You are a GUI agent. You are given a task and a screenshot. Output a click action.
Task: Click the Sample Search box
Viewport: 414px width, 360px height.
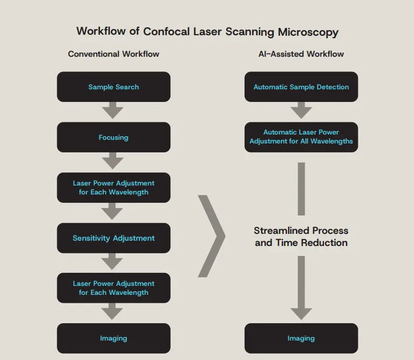[x=114, y=87]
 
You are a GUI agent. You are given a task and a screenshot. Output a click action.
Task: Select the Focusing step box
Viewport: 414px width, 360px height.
[x=114, y=137]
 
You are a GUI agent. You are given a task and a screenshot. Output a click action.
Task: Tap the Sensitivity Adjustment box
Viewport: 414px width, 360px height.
[x=114, y=238]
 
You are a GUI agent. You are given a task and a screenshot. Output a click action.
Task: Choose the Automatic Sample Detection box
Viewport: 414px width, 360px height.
[x=301, y=87]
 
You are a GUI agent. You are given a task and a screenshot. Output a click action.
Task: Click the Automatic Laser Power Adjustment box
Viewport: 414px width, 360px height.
[x=301, y=137]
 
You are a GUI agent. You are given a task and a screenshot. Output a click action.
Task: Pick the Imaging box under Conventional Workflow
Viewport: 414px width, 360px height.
[x=114, y=338]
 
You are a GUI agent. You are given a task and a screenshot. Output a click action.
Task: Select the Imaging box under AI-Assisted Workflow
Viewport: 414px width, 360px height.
[x=301, y=338]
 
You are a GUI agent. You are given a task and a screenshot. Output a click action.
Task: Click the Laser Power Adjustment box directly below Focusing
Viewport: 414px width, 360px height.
[x=114, y=188]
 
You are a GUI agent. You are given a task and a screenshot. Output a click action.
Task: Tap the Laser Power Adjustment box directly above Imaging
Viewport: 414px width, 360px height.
[x=114, y=288]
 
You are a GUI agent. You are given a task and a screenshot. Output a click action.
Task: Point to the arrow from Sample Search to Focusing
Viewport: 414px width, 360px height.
[x=113, y=111]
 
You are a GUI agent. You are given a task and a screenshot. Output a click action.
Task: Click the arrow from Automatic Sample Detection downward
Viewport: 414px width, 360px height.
[x=301, y=111]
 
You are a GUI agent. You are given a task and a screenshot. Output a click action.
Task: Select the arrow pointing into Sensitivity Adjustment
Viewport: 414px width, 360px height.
[x=113, y=212]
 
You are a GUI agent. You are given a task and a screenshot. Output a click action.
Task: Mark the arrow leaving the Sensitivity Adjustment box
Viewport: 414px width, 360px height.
[x=113, y=262]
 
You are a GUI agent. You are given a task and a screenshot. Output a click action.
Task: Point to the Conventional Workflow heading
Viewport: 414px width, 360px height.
[x=114, y=54]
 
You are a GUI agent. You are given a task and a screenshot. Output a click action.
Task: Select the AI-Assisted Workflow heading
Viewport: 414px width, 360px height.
[x=301, y=54]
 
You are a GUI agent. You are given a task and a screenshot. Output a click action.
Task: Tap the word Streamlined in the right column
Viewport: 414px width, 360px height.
[x=279, y=231]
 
